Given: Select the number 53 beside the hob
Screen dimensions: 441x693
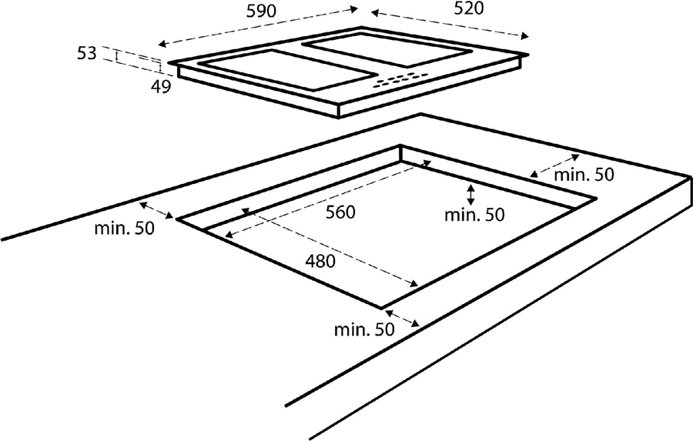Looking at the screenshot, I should [87, 53].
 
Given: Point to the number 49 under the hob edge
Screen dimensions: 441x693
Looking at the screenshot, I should [161, 86].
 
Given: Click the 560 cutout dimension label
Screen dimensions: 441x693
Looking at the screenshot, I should [340, 212].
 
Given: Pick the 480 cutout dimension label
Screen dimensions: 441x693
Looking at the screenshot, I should [320, 261].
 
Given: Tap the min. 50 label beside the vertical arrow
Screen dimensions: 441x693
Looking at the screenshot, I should [474, 215].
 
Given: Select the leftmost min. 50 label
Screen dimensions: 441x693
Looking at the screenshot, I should [124, 229].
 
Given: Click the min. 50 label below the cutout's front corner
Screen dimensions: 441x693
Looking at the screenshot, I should [363, 329].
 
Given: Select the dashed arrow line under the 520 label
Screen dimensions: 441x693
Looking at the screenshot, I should [450, 23].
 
